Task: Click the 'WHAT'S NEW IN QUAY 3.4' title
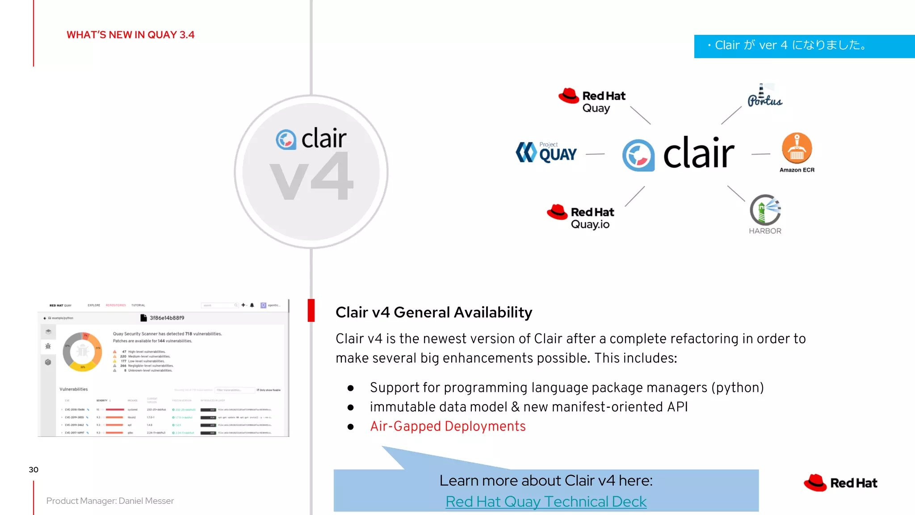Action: tap(130, 35)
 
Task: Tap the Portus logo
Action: tap(765, 96)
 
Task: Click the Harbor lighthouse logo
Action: tap(765, 210)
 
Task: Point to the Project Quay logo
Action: tap(546, 152)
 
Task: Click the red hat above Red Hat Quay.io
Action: tap(557, 212)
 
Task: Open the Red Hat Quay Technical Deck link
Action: tap(546, 502)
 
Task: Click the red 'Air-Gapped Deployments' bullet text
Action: tap(448, 426)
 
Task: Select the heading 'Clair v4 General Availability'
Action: tap(434, 312)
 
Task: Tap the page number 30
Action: tap(34, 469)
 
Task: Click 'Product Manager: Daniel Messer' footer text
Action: tap(110, 501)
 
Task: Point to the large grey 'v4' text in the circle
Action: tap(311, 177)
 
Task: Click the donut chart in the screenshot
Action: tap(82, 352)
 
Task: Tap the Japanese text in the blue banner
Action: tap(790, 45)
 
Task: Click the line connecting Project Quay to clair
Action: tap(595, 154)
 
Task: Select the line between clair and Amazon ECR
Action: tap(761, 154)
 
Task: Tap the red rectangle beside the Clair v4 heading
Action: tap(311, 310)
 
